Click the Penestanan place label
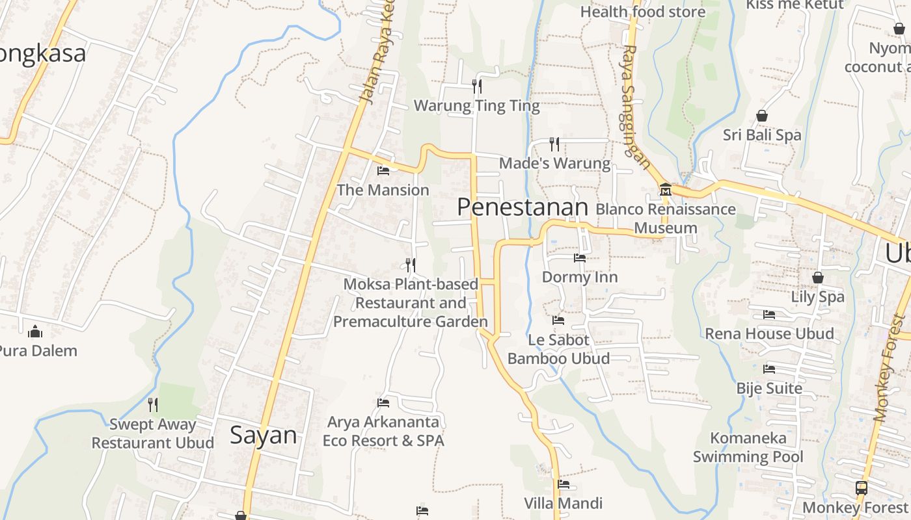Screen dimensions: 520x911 point(523,207)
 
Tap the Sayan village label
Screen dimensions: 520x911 point(264,435)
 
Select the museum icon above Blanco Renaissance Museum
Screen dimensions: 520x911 point(666,190)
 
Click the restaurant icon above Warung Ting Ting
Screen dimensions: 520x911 point(477,86)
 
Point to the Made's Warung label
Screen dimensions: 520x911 point(555,163)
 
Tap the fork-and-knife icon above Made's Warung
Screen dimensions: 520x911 point(554,144)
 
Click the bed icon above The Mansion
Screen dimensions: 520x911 point(383,171)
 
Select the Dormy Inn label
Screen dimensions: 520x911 point(580,278)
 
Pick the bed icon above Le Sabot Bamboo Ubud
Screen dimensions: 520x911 point(558,320)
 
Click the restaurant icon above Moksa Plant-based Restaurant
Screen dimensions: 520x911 point(411,265)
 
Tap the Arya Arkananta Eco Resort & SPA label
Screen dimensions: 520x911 point(383,432)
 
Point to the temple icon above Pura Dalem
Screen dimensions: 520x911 point(35,332)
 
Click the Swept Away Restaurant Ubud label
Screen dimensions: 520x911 point(152,434)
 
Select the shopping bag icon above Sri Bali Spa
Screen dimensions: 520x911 point(762,116)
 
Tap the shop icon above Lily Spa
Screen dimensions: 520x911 point(818,278)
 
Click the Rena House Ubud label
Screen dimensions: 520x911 point(769,334)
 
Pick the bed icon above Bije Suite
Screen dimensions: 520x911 point(769,369)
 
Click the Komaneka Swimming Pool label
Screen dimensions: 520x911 point(748,447)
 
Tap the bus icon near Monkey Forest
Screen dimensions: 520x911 point(861,487)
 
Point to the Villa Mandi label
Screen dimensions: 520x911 point(564,503)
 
